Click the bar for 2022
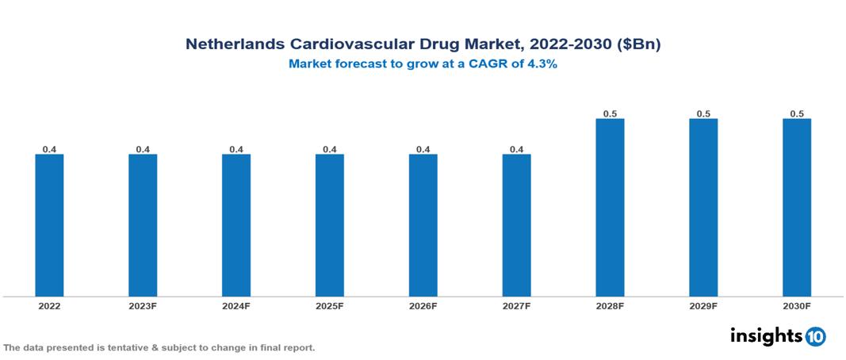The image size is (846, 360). click(x=49, y=225)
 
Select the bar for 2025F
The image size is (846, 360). click(x=330, y=225)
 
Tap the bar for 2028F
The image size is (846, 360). click(x=610, y=208)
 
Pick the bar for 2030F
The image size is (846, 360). click(x=797, y=208)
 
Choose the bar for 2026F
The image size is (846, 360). click(x=423, y=225)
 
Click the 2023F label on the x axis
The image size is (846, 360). click(x=143, y=305)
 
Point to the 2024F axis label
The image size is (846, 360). click(x=236, y=305)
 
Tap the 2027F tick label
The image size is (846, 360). click(x=516, y=305)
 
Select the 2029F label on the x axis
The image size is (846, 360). click(x=703, y=305)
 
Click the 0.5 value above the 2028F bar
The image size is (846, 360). click(x=610, y=113)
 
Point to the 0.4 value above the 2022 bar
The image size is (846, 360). click(x=49, y=149)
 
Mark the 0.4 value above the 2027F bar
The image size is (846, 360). click(x=516, y=149)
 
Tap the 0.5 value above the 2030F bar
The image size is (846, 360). click(x=797, y=113)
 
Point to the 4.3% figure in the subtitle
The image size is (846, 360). click(x=542, y=65)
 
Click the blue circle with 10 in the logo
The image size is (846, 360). click(x=815, y=336)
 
